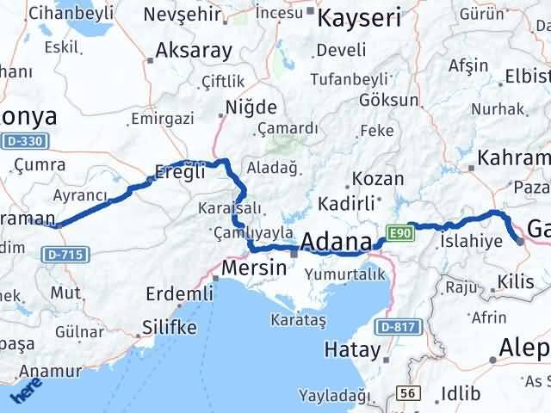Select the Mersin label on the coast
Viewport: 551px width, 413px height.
click(x=253, y=268)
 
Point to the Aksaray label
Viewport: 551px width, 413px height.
click(x=193, y=51)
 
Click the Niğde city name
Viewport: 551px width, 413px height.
click(x=250, y=108)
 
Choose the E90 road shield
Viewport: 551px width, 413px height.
click(x=397, y=232)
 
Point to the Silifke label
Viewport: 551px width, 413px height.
click(x=169, y=327)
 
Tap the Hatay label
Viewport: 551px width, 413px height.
click(x=352, y=349)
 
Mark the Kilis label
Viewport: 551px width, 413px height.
click(x=521, y=280)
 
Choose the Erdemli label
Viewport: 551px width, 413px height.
click(x=179, y=293)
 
